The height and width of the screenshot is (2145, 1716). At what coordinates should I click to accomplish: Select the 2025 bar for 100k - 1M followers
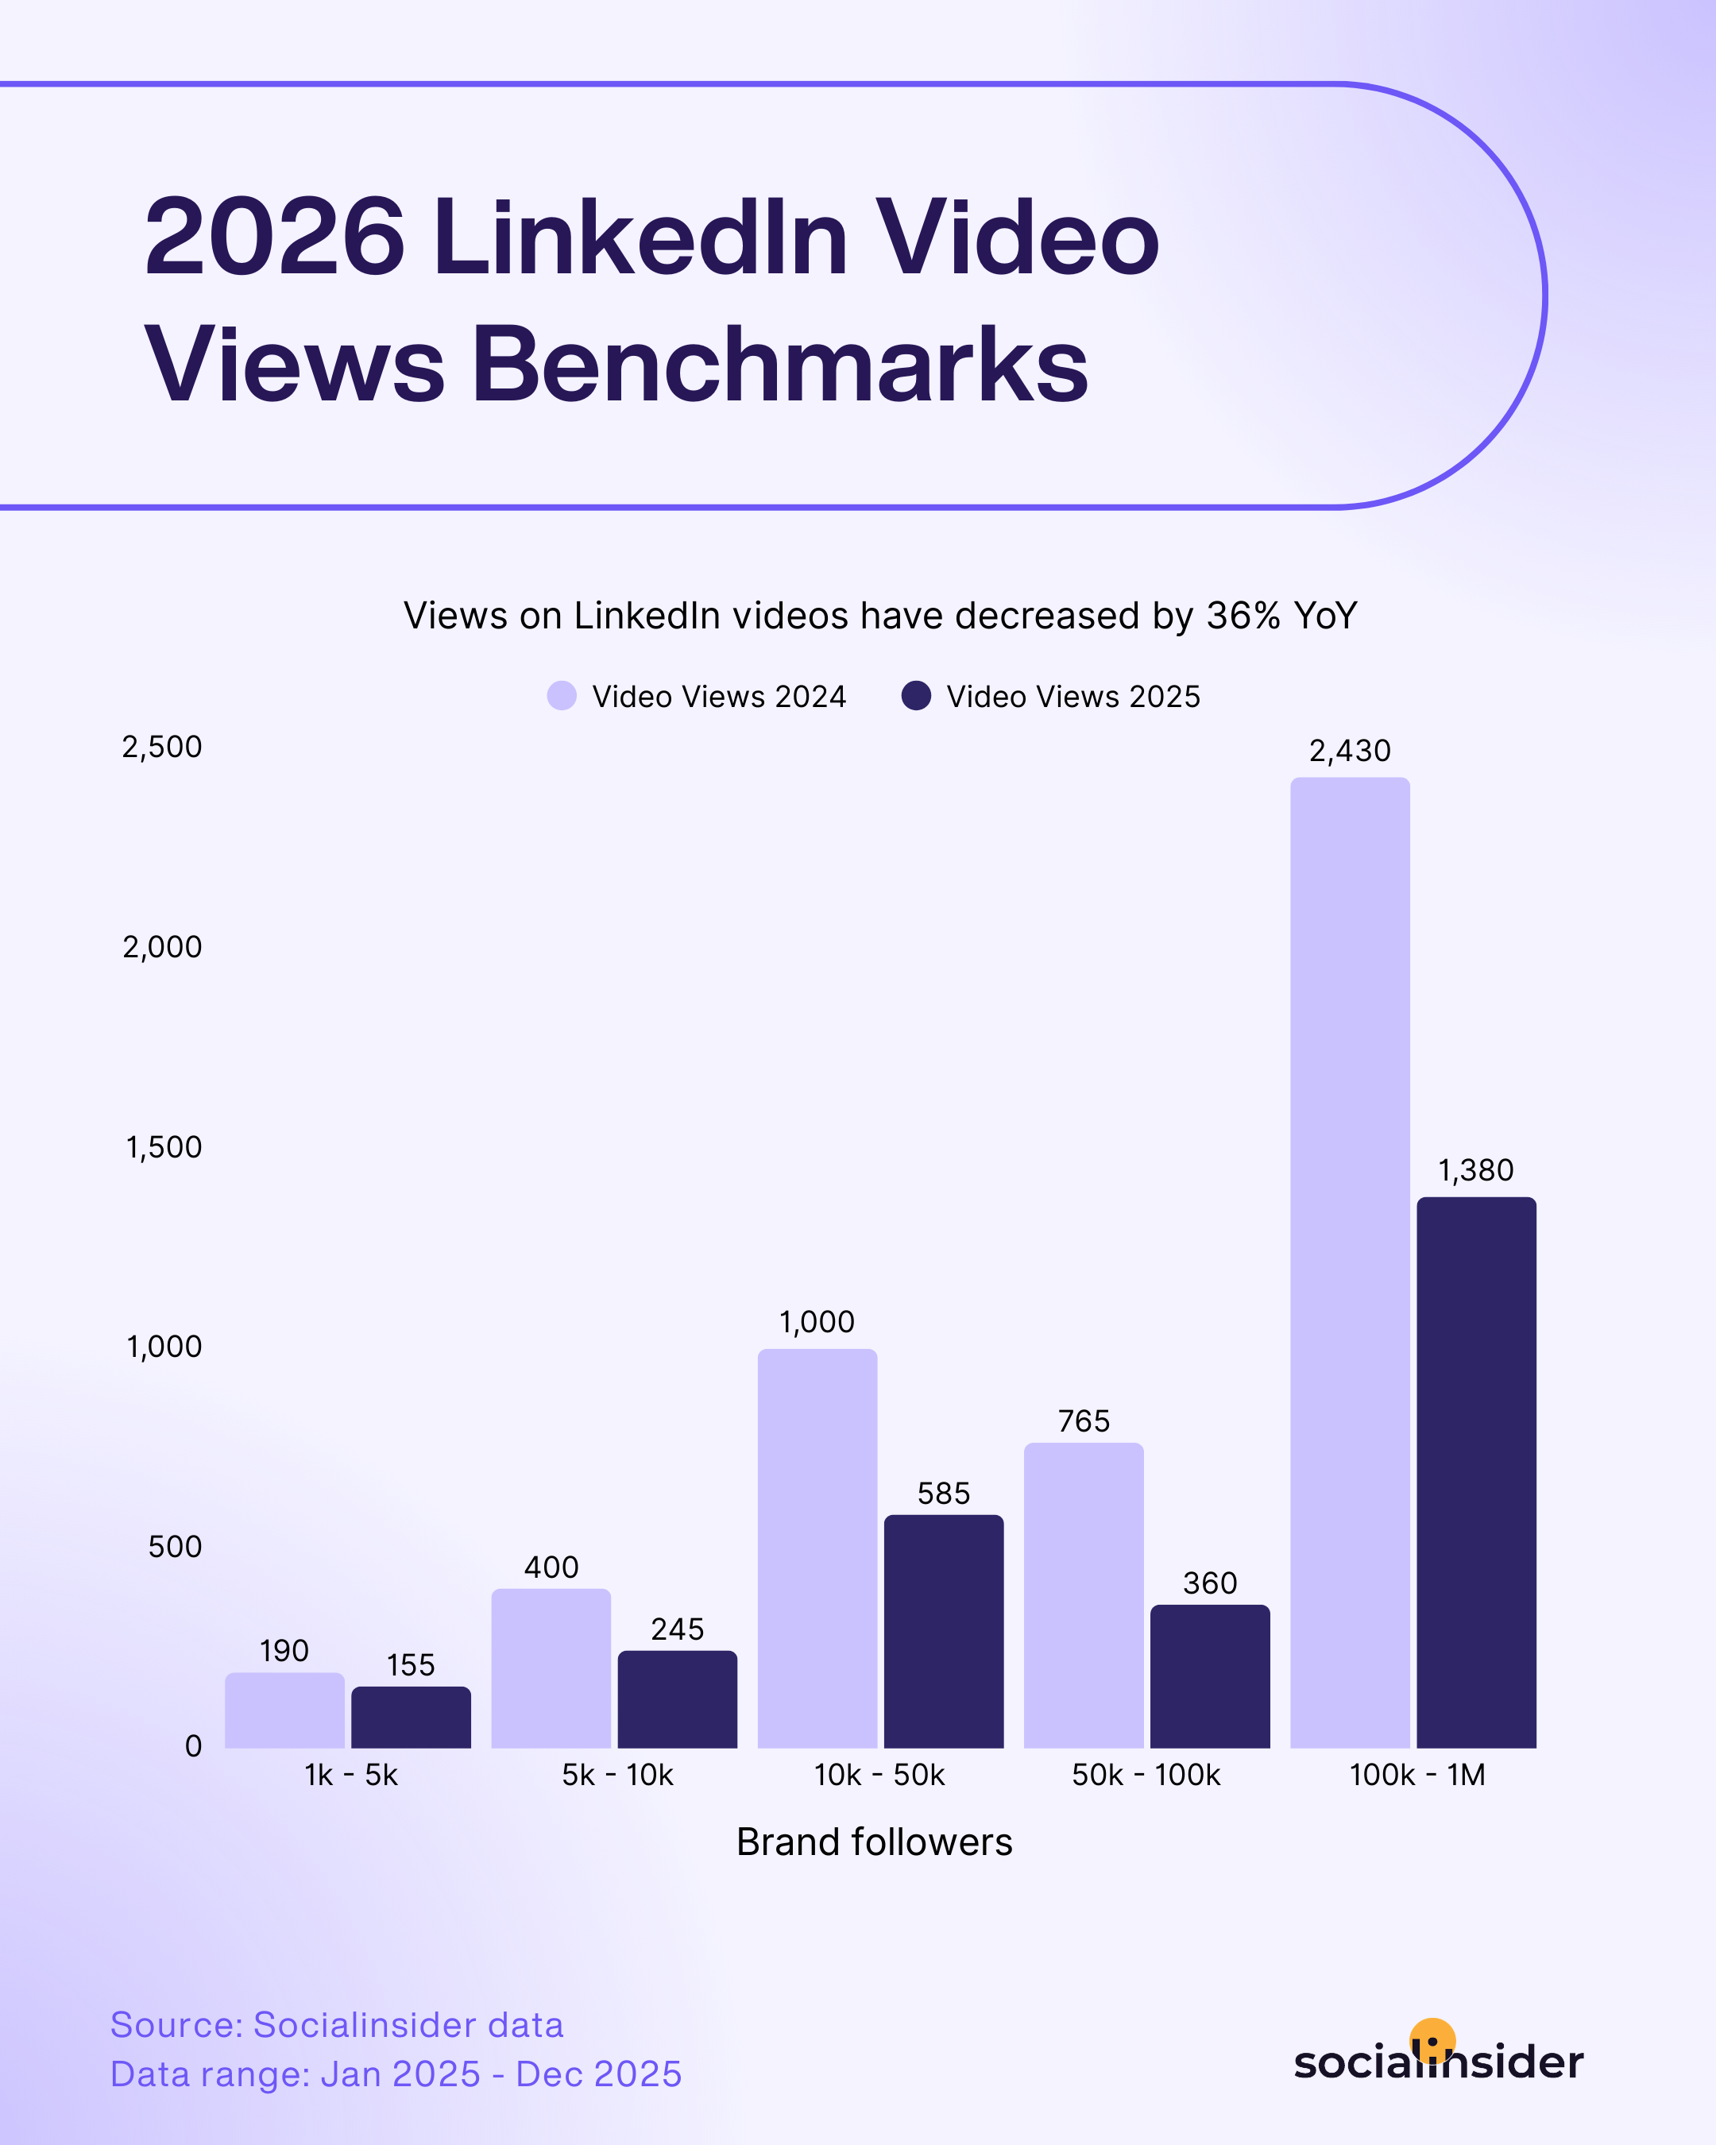1476,1471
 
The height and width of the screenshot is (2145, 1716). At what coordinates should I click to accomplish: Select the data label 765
1084,1420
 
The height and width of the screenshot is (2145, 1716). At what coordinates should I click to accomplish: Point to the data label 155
411,1665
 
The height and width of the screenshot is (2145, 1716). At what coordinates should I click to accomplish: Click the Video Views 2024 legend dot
562,695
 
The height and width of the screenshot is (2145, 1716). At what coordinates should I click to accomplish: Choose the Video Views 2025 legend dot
916,695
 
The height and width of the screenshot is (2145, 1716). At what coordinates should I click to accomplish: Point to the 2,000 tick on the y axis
162,947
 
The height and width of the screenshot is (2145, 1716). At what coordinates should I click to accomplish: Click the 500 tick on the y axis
175,1546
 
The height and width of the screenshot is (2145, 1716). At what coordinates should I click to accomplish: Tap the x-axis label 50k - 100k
1146,1775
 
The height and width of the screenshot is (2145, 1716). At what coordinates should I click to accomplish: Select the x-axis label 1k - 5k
351,1775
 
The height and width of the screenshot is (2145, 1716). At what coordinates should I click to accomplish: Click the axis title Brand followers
875,1842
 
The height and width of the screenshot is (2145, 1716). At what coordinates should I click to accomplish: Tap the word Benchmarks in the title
780,365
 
